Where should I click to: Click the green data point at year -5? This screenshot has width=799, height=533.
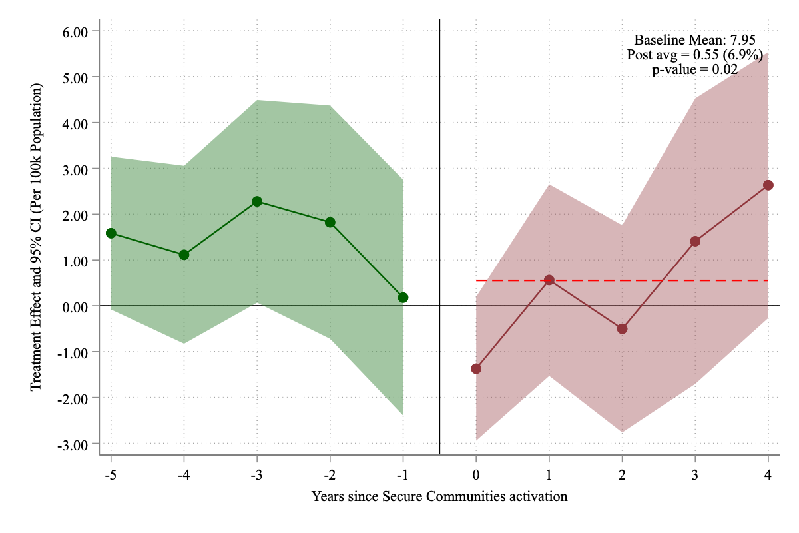click(111, 233)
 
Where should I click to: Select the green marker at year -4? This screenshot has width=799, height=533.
click(184, 255)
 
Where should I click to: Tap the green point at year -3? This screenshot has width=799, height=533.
click(257, 201)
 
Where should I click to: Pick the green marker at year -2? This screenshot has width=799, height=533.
click(330, 222)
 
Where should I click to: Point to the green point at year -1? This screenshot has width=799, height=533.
click(403, 298)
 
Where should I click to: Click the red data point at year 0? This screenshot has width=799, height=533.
click(476, 368)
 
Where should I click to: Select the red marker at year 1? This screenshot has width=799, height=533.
click(549, 280)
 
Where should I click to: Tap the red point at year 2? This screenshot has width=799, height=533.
click(622, 328)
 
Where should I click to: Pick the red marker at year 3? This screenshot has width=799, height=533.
click(695, 241)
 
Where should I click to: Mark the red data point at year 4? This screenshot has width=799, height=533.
click(768, 185)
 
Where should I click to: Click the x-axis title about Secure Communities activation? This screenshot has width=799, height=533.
click(439, 496)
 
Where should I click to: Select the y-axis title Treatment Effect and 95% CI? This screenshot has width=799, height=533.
click(36, 238)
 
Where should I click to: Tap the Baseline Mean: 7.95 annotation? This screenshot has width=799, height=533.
click(694, 39)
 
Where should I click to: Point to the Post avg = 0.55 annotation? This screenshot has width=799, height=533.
click(694, 55)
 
